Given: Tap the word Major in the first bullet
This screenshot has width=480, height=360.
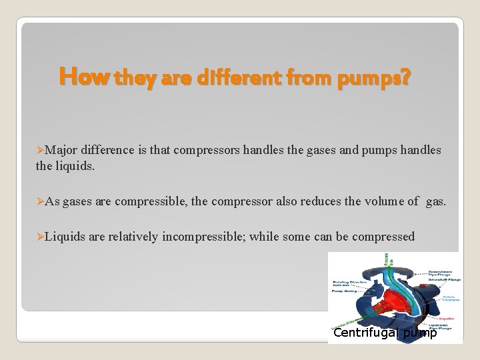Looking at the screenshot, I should pos(61,151).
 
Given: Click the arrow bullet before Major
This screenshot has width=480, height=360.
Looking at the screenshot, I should pos(40,151).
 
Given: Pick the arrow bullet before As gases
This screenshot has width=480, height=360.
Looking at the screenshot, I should pos(40,201).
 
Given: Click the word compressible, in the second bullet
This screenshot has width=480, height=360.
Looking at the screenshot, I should pos(151,201).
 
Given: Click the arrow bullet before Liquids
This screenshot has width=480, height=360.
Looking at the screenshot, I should pos(40,237).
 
